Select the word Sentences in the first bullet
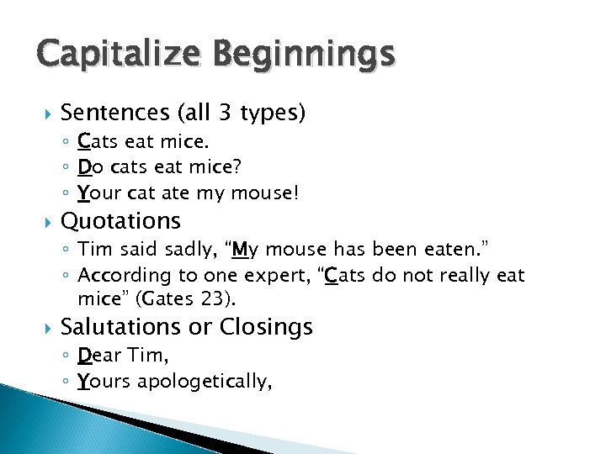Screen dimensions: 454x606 click(114, 112)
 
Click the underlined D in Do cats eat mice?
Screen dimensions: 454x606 click(84, 168)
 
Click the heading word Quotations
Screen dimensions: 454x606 click(121, 221)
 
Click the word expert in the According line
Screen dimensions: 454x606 click(272, 276)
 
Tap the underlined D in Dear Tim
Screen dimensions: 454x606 click(84, 356)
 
